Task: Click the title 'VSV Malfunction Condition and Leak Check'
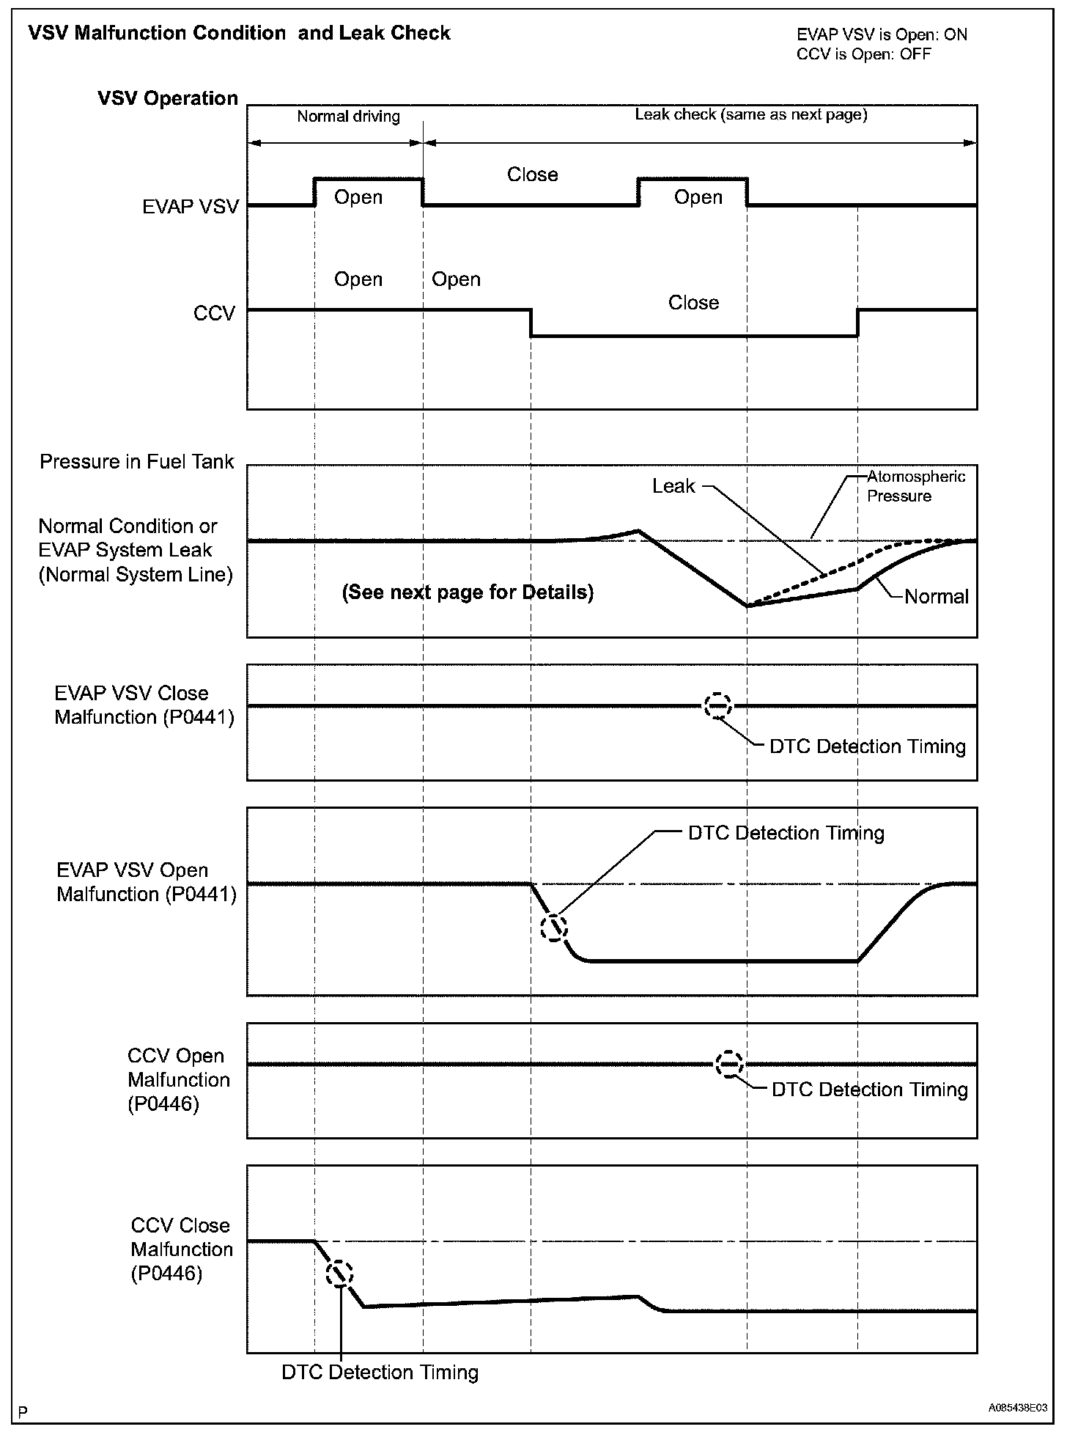pos(239,33)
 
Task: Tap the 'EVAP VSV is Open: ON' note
pos(882,34)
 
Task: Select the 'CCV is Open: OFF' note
pos(863,54)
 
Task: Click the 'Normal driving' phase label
pos(348,116)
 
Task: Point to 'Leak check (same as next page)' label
pos(750,114)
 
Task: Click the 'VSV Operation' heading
pos(168,98)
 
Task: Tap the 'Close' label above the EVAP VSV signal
pos(533,175)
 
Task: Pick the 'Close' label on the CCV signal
pos(693,303)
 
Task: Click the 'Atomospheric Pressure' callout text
pos(915,486)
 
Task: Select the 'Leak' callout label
pos(673,486)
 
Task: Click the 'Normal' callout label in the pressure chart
pos(936,596)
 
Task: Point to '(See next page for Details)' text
pos(468,592)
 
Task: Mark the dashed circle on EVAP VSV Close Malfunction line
pos(717,705)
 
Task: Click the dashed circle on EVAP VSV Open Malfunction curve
pos(553,928)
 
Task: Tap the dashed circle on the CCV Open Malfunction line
pos(729,1064)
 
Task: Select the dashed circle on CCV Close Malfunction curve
pos(339,1274)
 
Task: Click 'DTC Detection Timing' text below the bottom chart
pos(380,1372)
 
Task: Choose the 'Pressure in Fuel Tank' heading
pos(136,461)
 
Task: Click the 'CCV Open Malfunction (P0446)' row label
pos(178,1080)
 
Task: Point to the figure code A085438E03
pos(1017,1408)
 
